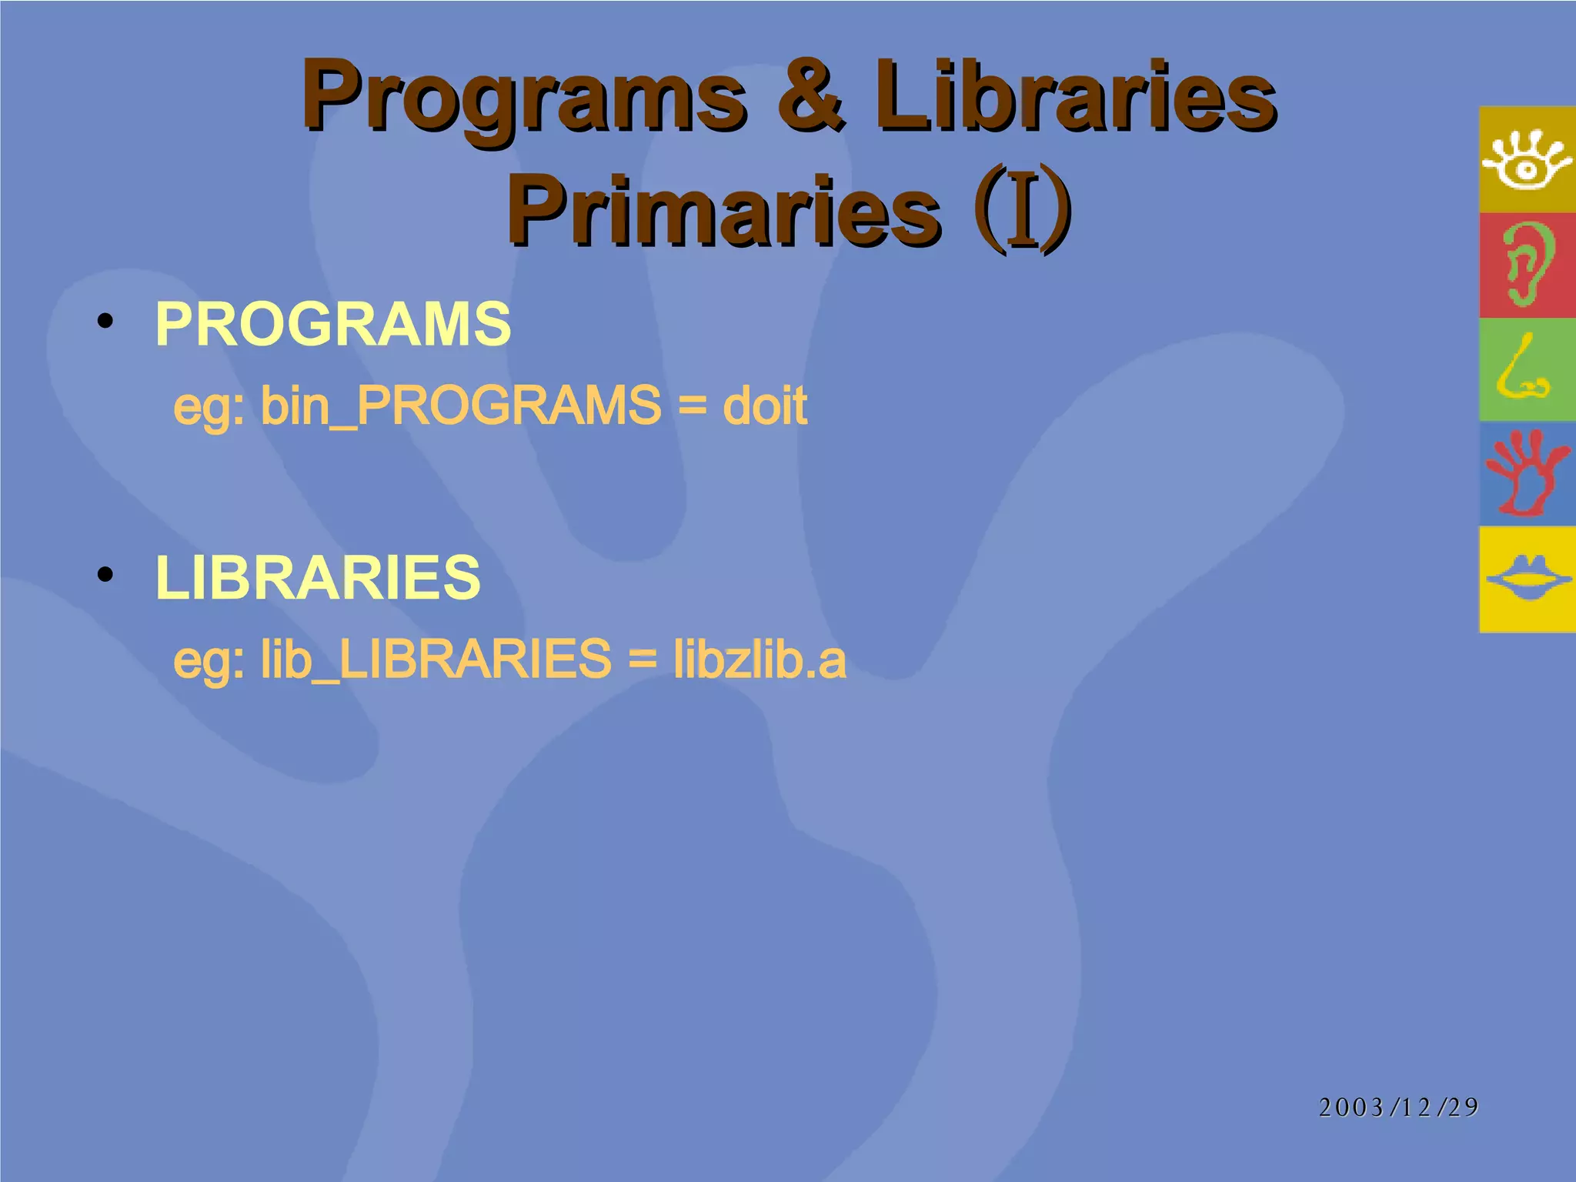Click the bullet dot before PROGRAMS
point(106,321)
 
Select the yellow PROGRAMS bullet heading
point(332,324)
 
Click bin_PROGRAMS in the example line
point(460,406)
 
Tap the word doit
point(765,406)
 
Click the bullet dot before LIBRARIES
point(106,575)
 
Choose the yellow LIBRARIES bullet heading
point(317,577)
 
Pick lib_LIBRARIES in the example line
point(436,659)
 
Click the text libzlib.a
point(760,659)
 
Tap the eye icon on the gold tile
point(1527,160)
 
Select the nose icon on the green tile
point(1522,369)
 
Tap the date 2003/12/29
point(1398,1107)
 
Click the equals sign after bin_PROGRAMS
point(693,406)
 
